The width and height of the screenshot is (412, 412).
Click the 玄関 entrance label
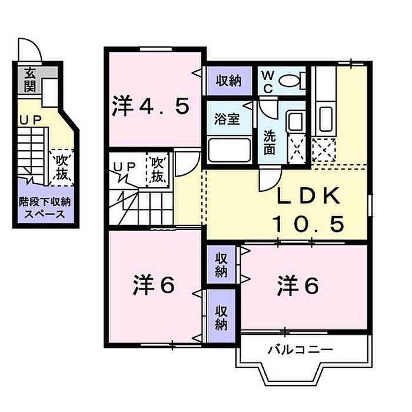pos(30,80)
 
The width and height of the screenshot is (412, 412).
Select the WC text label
pos(268,82)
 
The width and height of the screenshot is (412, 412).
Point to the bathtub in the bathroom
pos(230,150)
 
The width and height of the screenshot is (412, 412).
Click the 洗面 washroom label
pos(270,142)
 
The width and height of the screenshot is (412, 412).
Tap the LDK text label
pos(308,196)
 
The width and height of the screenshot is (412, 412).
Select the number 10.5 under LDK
pos(308,223)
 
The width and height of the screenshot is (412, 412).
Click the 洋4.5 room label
pos(150,106)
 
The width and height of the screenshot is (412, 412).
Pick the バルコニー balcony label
pos(300,350)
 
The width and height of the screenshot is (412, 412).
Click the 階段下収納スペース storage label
pos(45,208)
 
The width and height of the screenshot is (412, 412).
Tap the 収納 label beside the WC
pos(228,81)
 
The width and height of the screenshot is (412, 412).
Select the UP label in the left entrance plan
pos(31,120)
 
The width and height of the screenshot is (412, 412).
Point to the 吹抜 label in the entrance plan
pos(61,167)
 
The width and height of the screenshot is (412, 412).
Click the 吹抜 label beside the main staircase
pos(157,170)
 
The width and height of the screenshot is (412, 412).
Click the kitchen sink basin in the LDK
pos(326,119)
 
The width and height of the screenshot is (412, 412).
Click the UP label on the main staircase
pos(125,167)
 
